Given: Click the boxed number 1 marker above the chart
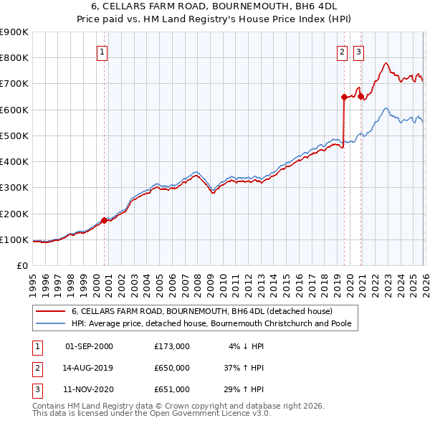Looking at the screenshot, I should [x=102, y=52].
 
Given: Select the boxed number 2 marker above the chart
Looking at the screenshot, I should [x=342, y=52].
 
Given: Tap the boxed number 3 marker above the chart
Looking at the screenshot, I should [x=358, y=52].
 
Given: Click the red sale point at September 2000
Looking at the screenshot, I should [x=105, y=221].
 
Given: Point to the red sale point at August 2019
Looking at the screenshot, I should [x=344, y=97].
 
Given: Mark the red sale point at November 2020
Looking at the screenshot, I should [x=360, y=97].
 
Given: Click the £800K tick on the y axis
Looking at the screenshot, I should [x=14, y=58].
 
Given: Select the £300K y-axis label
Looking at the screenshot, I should [x=14, y=188].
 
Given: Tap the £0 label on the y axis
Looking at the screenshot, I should [x=21, y=266].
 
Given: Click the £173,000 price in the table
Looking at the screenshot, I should [x=172, y=346].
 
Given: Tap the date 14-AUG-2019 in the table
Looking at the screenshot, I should [x=89, y=368].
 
